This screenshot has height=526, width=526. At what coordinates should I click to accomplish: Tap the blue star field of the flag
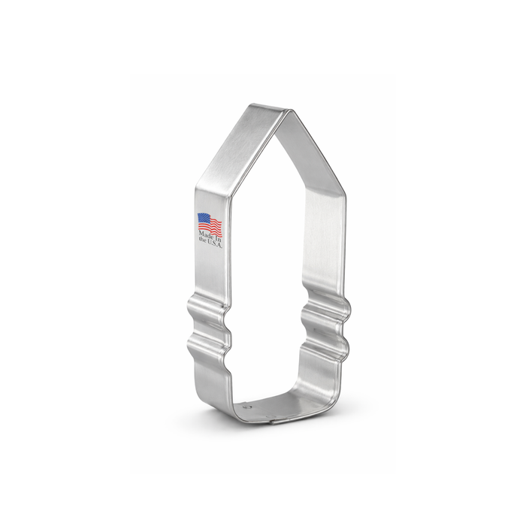204,219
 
